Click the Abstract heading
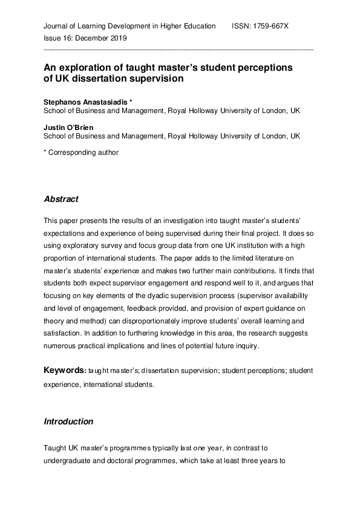click(x=61, y=199)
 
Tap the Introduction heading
click(x=68, y=421)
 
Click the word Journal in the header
click(x=57, y=26)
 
